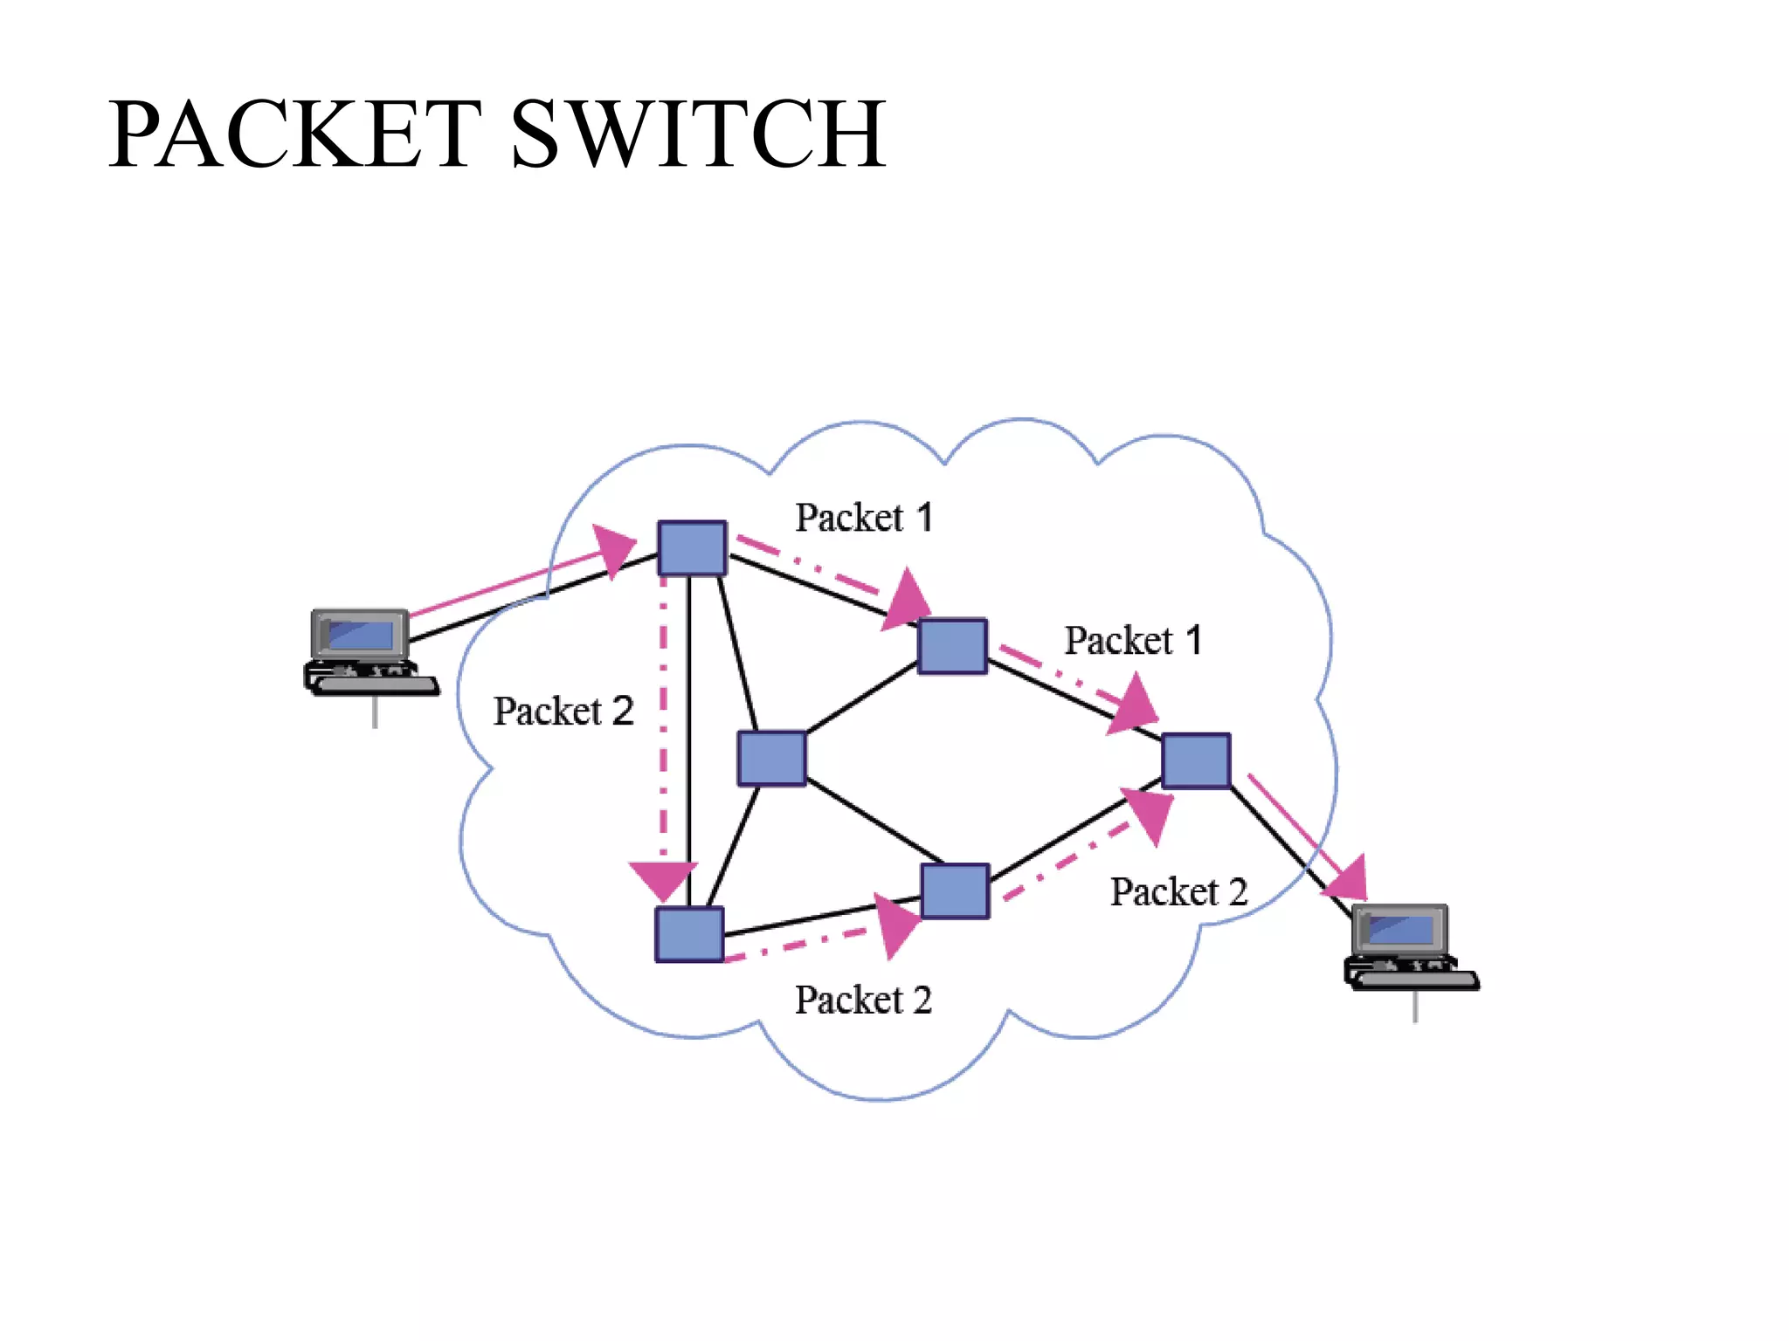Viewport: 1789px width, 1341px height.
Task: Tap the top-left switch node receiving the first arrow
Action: click(x=692, y=548)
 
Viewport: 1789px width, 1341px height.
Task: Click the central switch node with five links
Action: click(x=771, y=759)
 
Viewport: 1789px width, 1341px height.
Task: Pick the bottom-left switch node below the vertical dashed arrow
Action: click(x=689, y=934)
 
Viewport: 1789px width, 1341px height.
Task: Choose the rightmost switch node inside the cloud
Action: click(x=1196, y=760)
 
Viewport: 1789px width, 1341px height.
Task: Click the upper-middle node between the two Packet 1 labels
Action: click(x=952, y=646)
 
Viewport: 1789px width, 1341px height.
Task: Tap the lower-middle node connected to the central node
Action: click(x=955, y=891)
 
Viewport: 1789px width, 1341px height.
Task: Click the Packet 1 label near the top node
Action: click(x=863, y=518)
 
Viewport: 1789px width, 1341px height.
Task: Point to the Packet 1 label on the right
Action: click(x=1132, y=641)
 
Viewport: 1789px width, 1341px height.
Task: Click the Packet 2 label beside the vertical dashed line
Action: click(x=563, y=711)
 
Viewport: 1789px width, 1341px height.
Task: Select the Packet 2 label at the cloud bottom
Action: click(x=863, y=1000)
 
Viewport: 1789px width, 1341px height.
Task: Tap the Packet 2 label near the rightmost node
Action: click(x=1178, y=891)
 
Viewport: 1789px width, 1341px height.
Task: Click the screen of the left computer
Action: click(x=360, y=635)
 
